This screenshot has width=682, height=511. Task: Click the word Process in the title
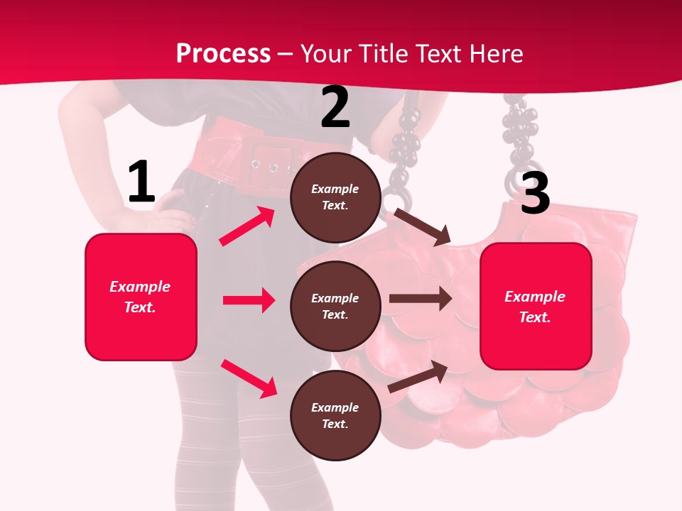[x=223, y=54]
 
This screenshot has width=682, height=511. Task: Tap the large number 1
[x=141, y=182]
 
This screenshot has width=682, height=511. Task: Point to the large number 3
[x=535, y=192]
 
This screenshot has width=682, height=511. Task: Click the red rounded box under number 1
[x=141, y=297]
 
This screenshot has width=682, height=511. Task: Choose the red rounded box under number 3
[x=536, y=306]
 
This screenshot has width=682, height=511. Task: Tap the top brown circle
[x=335, y=197]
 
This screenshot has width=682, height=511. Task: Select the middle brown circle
[x=335, y=306]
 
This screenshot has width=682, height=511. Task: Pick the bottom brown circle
[x=335, y=415]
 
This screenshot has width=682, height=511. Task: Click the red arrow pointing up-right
[x=247, y=226]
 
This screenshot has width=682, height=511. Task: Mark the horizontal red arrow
[x=249, y=300]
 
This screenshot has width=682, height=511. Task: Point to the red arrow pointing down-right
[x=249, y=378]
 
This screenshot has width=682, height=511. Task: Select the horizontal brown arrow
[x=420, y=299]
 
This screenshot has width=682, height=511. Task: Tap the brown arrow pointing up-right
[x=418, y=377]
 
